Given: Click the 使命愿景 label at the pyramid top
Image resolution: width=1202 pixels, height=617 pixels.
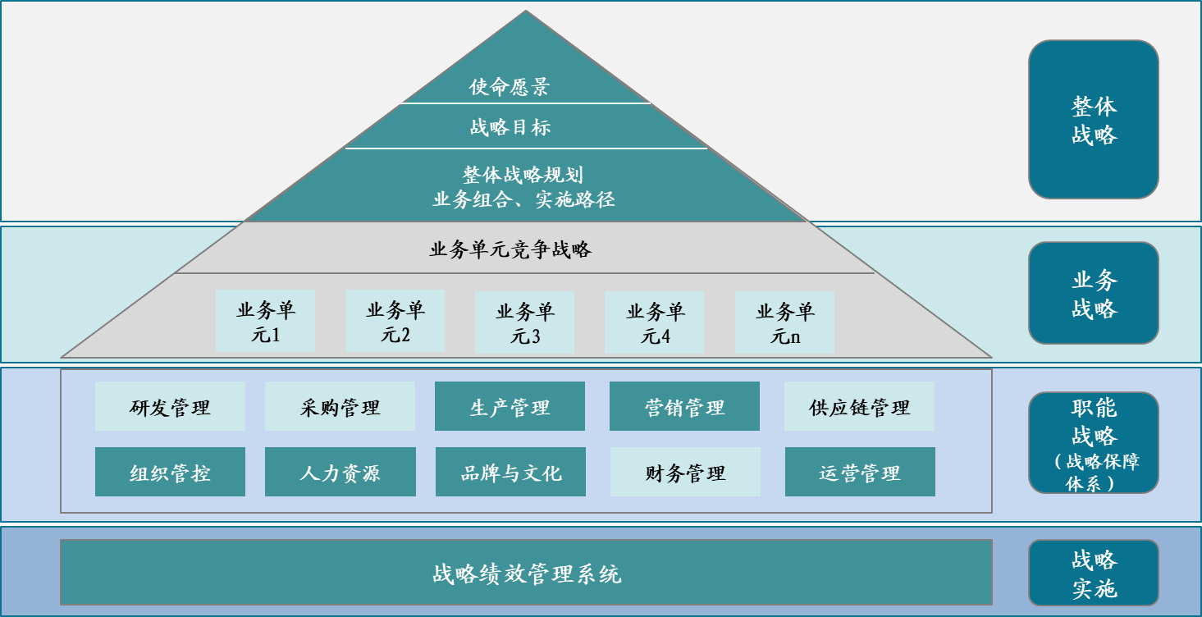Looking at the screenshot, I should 510,87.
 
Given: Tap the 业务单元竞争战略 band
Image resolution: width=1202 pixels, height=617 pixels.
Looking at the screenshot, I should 510,249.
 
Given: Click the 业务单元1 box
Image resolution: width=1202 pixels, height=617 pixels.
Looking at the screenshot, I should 266,322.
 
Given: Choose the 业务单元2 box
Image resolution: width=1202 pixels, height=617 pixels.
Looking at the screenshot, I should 395,321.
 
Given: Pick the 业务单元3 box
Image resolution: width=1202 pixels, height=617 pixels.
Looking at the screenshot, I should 525,322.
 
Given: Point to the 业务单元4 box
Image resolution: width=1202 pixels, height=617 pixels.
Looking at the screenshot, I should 655,322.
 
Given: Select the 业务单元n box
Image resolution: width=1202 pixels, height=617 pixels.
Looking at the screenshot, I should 785,322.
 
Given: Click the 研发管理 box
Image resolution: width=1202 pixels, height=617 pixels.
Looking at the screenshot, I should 170,406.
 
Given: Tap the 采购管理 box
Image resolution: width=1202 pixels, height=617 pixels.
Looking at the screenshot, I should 340,406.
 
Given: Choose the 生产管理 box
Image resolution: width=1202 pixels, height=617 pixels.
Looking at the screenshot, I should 510,406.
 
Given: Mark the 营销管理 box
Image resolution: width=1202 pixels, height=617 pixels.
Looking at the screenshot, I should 684,406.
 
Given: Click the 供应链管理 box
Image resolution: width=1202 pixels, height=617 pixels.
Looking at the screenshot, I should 859,406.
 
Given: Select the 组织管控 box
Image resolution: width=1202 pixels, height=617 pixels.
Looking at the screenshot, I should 170,472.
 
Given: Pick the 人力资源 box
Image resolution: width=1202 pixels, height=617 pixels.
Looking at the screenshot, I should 340,472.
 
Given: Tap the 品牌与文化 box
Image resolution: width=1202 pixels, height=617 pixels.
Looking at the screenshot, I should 510,472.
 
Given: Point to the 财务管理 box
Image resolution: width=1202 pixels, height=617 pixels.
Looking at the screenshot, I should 685,472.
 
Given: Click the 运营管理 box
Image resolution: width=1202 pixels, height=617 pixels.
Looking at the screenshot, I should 860,472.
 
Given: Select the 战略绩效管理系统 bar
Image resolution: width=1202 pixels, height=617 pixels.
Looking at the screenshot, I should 526,573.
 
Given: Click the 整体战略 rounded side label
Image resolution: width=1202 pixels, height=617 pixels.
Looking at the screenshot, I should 1094,120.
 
